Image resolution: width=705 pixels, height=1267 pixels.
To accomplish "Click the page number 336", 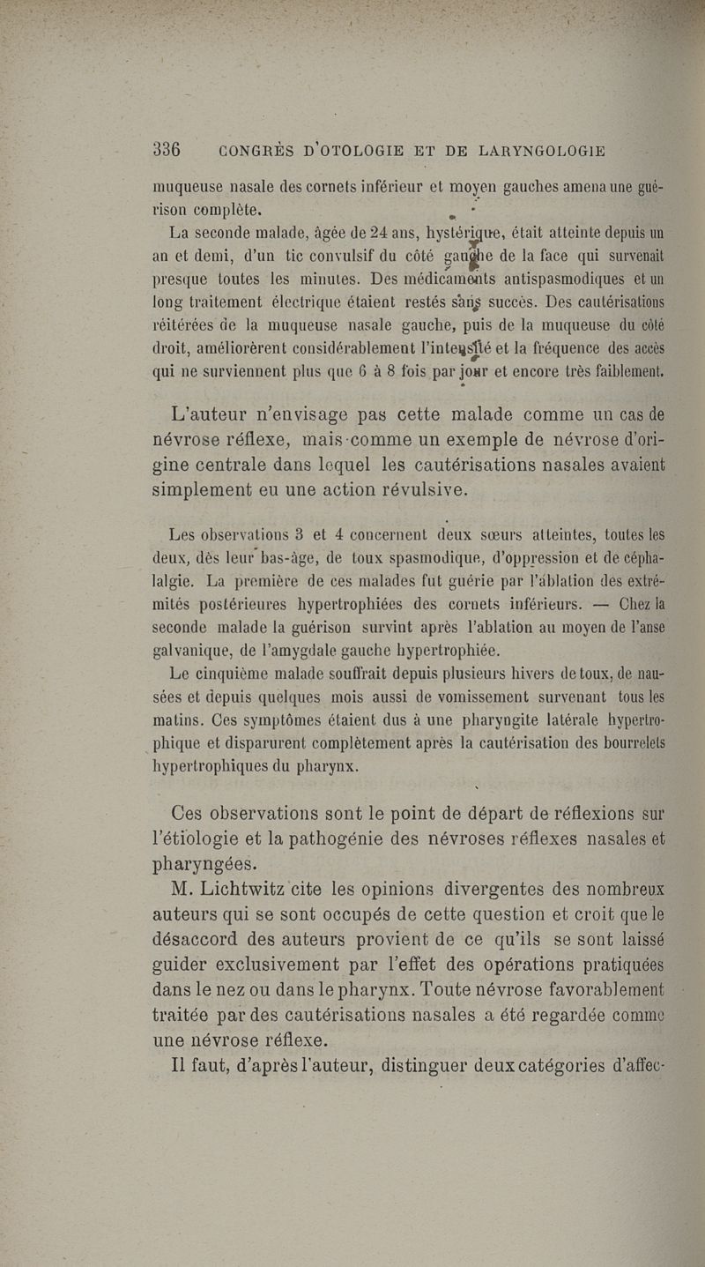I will [167, 150].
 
